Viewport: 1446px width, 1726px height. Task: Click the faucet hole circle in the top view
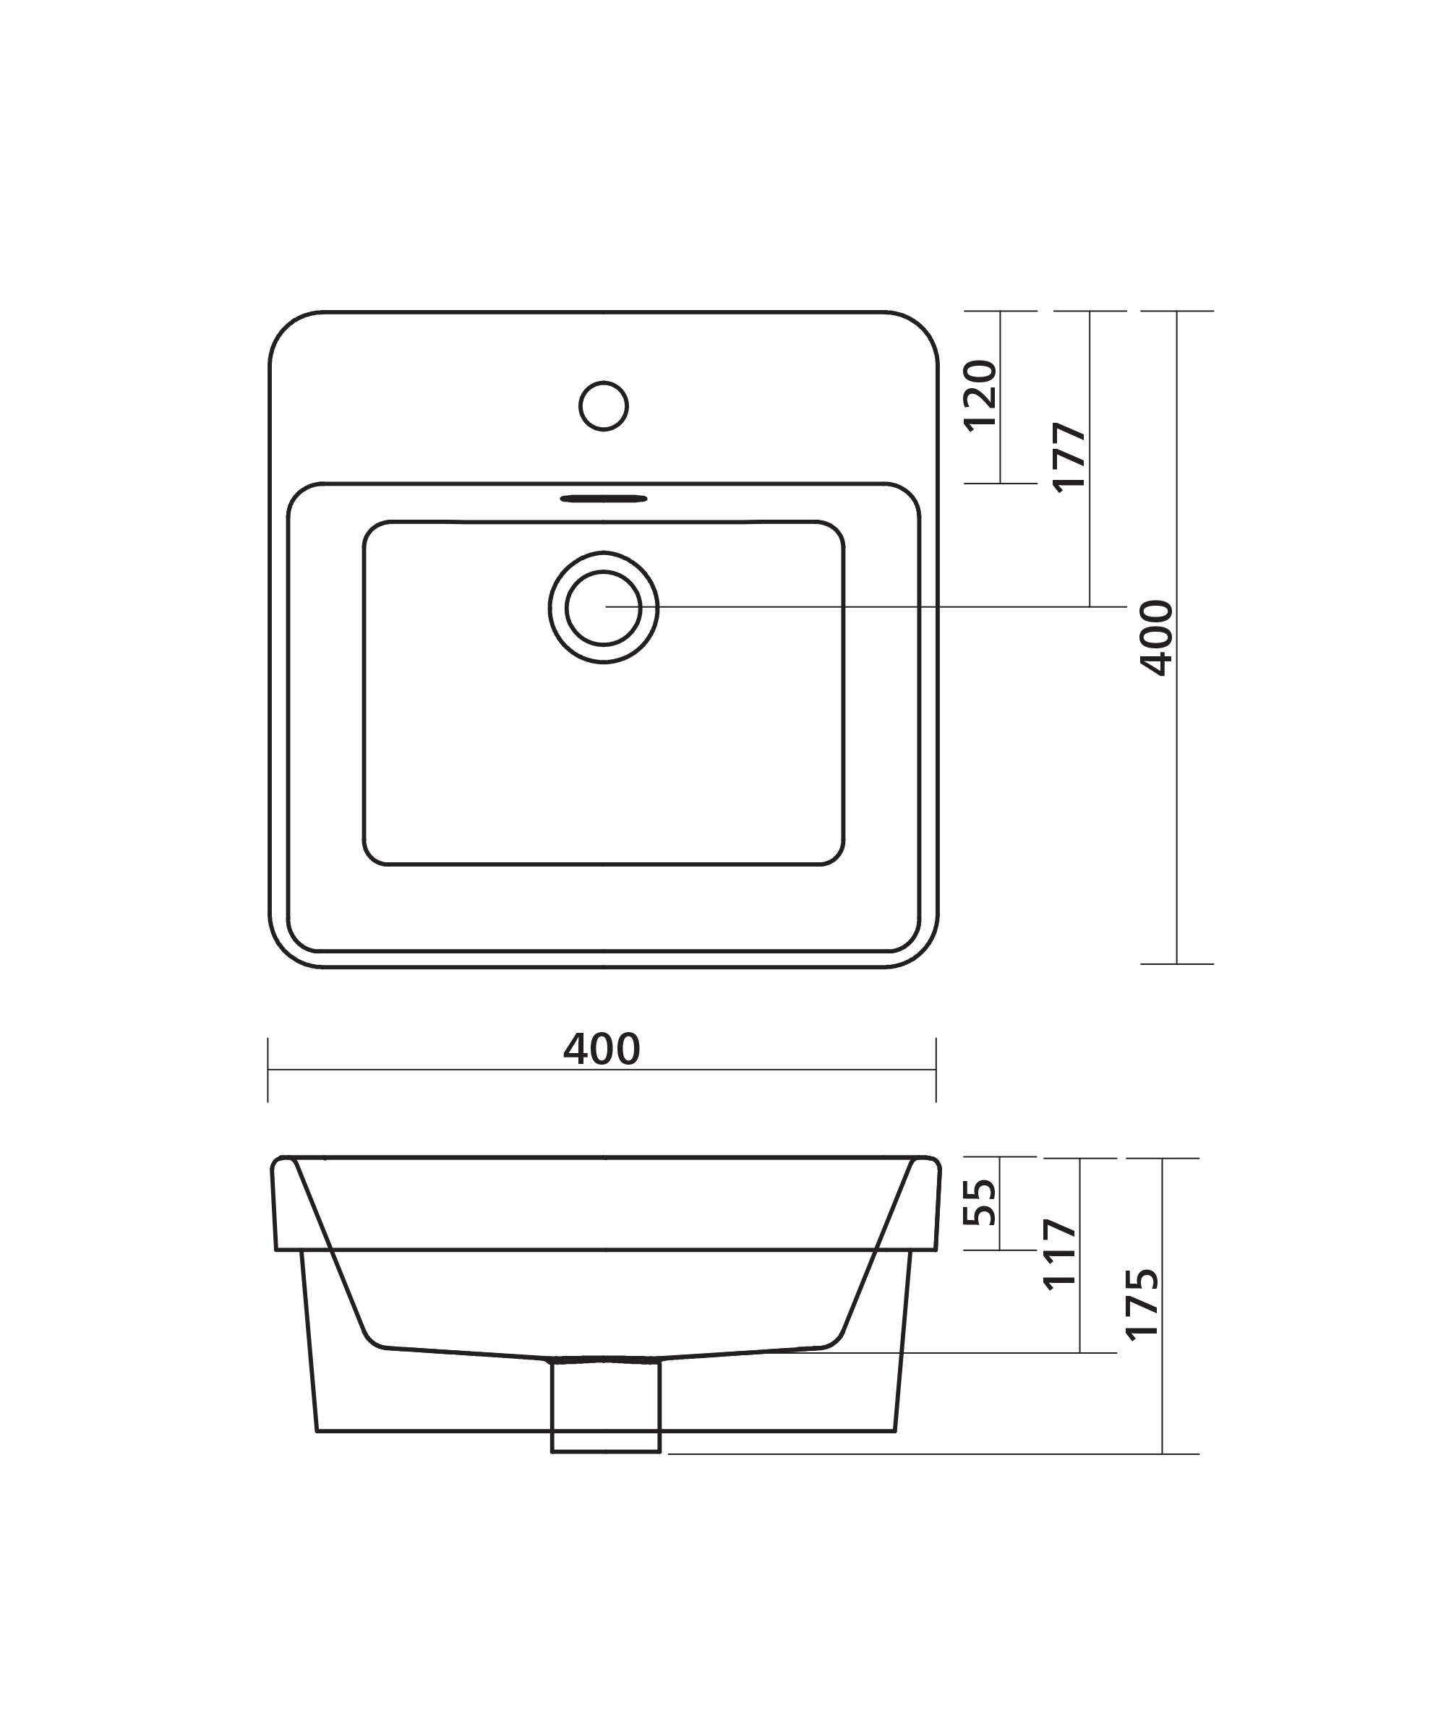(604, 405)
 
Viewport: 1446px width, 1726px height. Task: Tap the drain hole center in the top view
(604, 607)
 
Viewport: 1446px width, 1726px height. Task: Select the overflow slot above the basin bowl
(604, 498)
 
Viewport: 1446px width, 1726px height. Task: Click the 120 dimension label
(980, 395)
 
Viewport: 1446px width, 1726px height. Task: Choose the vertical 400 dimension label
(1157, 637)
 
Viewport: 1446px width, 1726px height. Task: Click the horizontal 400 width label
(602, 1049)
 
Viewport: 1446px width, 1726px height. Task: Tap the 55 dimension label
(980, 1203)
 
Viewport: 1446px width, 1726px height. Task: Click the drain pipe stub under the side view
(605, 1407)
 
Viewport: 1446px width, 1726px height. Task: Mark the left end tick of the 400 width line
(268, 1069)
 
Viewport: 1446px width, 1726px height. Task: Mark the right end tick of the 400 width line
(936, 1069)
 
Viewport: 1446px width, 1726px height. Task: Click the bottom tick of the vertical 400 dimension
(1176, 963)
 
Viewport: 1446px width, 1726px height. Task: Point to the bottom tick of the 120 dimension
(1001, 484)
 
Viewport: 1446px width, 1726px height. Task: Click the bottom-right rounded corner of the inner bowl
(835, 856)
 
